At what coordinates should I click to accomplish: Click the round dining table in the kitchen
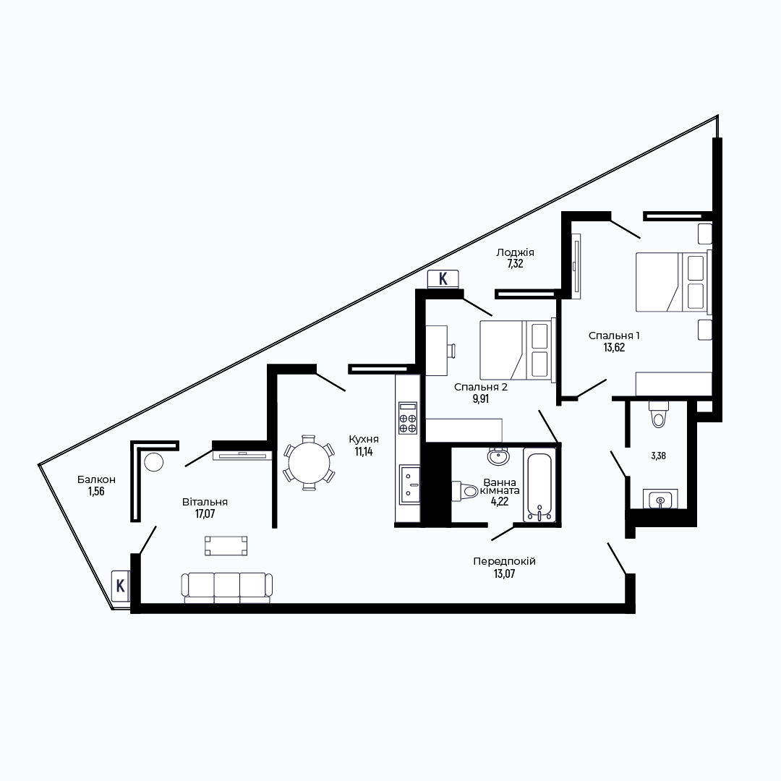tap(309, 463)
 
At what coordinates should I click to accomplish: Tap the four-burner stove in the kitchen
tap(408, 417)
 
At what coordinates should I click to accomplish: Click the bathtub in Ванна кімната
tap(539, 485)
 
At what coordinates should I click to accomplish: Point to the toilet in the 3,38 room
tap(658, 414)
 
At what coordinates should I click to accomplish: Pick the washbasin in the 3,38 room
tap(660, 499)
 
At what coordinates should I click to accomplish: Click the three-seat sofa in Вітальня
tap(226, 588)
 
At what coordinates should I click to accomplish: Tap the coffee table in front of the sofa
tap(226, 545)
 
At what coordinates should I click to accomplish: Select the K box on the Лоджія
tap(443, 279)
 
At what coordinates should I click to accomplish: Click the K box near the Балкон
tap(121, 586)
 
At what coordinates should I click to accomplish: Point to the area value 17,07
tap(205, 514)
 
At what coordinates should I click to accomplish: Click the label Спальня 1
tap(614, 336)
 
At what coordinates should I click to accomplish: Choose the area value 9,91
tap(481, 399)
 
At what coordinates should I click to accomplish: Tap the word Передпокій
tap(505, 561)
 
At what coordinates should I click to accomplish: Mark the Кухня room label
tap(364, 440)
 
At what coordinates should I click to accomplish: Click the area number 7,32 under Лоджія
tap(515, 264)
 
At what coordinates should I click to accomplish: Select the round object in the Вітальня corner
tap(154, 461)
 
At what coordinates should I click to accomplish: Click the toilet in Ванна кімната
tap(465, 491)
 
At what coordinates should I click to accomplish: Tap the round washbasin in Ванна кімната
tap(498, 456)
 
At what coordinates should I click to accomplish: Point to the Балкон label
tap(96, 479)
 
